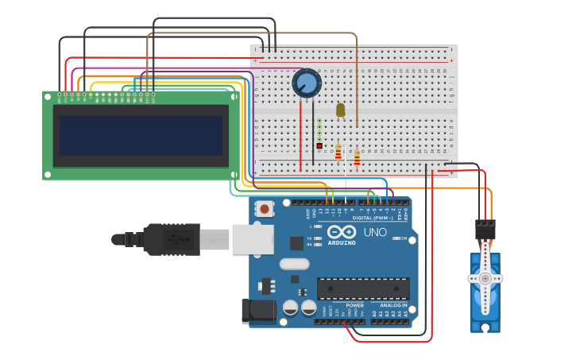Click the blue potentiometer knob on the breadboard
307,83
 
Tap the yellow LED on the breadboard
341,110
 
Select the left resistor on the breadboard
338,151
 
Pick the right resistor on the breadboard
357,157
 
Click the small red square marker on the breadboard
319,145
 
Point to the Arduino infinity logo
342,231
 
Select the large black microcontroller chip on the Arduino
363,288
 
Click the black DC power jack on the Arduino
257,311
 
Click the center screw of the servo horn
485,278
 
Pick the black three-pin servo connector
485,230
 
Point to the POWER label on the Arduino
355,305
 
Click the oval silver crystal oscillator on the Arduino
294,264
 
